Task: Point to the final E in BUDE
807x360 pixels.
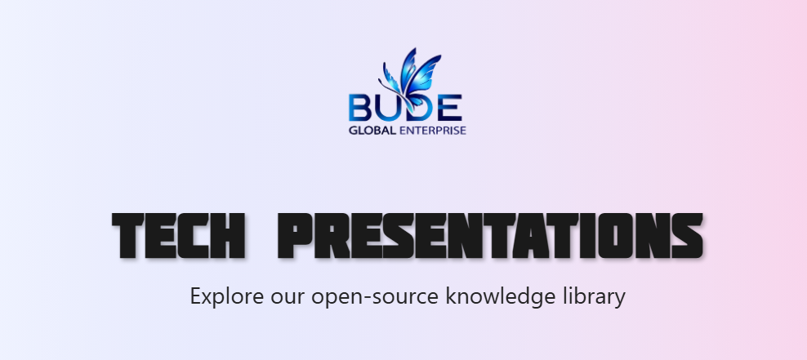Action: pos(451,108)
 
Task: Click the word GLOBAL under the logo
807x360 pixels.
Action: pos(372,130)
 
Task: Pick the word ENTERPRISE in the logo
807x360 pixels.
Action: pos(433,130)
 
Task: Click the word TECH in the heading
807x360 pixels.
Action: pos(178,236)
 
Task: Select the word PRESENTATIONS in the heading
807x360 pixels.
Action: pos(490,236)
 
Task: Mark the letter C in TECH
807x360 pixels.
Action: pos(194,236)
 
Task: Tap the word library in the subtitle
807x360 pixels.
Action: pos(594,296)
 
